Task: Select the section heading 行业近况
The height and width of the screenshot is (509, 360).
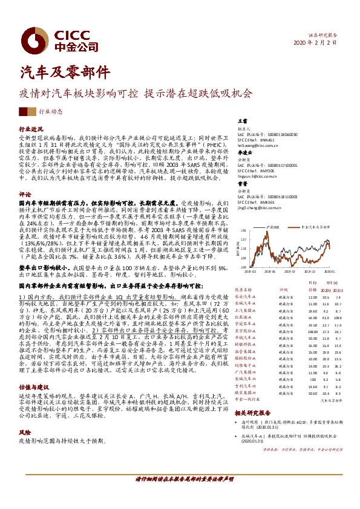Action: [x=30, y=129]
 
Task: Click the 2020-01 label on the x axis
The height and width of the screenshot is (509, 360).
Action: [x=330, y=272]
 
